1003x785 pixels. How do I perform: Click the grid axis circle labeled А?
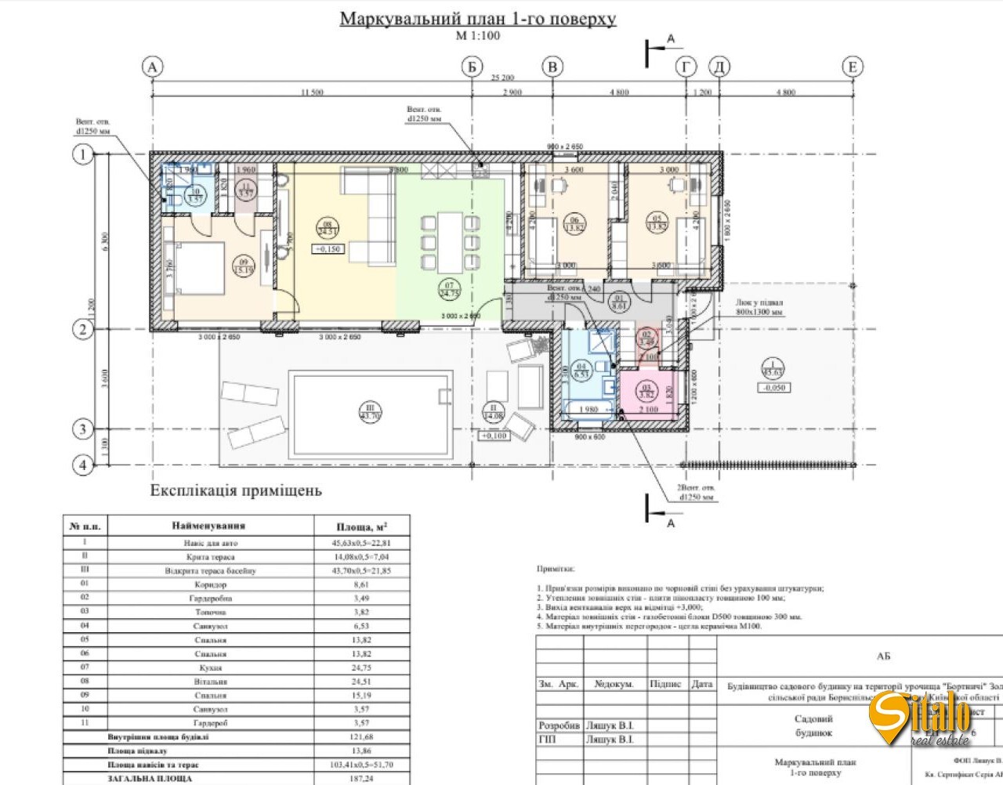[152, 67]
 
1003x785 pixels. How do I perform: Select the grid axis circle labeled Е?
[853, 67]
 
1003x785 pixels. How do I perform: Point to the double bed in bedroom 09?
[200, 268]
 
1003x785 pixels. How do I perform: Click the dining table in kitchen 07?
[451, 241]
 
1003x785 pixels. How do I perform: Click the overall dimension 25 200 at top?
[502, 78]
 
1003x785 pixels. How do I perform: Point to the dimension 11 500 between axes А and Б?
[312, 92]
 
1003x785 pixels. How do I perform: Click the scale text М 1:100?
[478, 35]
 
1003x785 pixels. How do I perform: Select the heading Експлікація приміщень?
[236, 491]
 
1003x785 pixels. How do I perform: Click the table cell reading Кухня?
[211, 667]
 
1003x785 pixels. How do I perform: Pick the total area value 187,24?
[361, 779]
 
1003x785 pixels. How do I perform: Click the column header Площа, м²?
[361, 526]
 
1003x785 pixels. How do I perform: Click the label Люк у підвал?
[759, 302]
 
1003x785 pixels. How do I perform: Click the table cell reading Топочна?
[211, 612]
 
